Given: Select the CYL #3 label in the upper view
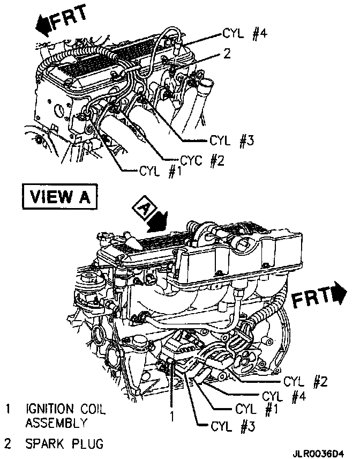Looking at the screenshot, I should click(x=230, y=142).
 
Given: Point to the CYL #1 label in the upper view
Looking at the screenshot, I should click(x=160, y=172).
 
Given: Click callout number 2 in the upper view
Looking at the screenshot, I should click(x=227, y=54).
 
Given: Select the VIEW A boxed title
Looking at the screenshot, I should click(x=60, y=197).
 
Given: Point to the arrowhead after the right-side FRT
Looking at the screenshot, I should click(x=339, y=294).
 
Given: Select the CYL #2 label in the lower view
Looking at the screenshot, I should click(x=305, y=382).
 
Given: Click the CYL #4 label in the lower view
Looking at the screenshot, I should click(x=283, y=397).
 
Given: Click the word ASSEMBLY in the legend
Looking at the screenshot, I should click(x=56, y=423).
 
